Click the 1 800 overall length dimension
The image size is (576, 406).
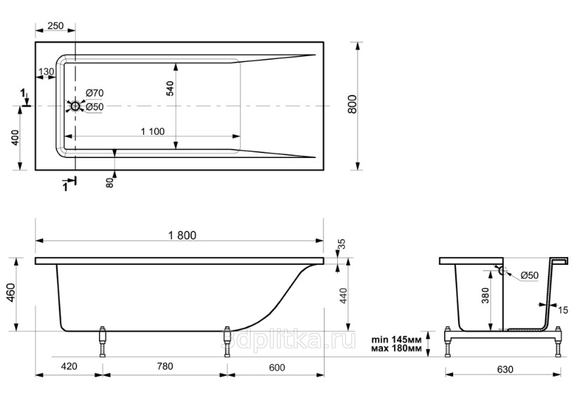182,235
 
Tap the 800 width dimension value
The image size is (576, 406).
352,104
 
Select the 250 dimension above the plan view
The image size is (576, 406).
55,26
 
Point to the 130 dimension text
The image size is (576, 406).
46,72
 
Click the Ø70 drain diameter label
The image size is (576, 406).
95,93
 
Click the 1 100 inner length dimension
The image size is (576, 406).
153,131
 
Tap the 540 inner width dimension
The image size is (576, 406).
170,89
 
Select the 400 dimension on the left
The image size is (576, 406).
15,138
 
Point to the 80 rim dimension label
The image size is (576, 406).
110,183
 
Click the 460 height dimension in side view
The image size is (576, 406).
11,292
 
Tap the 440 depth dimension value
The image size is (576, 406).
342,296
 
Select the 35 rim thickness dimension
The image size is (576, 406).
341,244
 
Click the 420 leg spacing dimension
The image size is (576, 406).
69,366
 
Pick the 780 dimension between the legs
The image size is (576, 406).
165,366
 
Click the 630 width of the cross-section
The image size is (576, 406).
505,369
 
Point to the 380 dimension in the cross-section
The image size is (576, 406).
485,296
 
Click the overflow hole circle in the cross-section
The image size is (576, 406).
502,271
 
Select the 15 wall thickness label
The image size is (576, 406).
563,310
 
